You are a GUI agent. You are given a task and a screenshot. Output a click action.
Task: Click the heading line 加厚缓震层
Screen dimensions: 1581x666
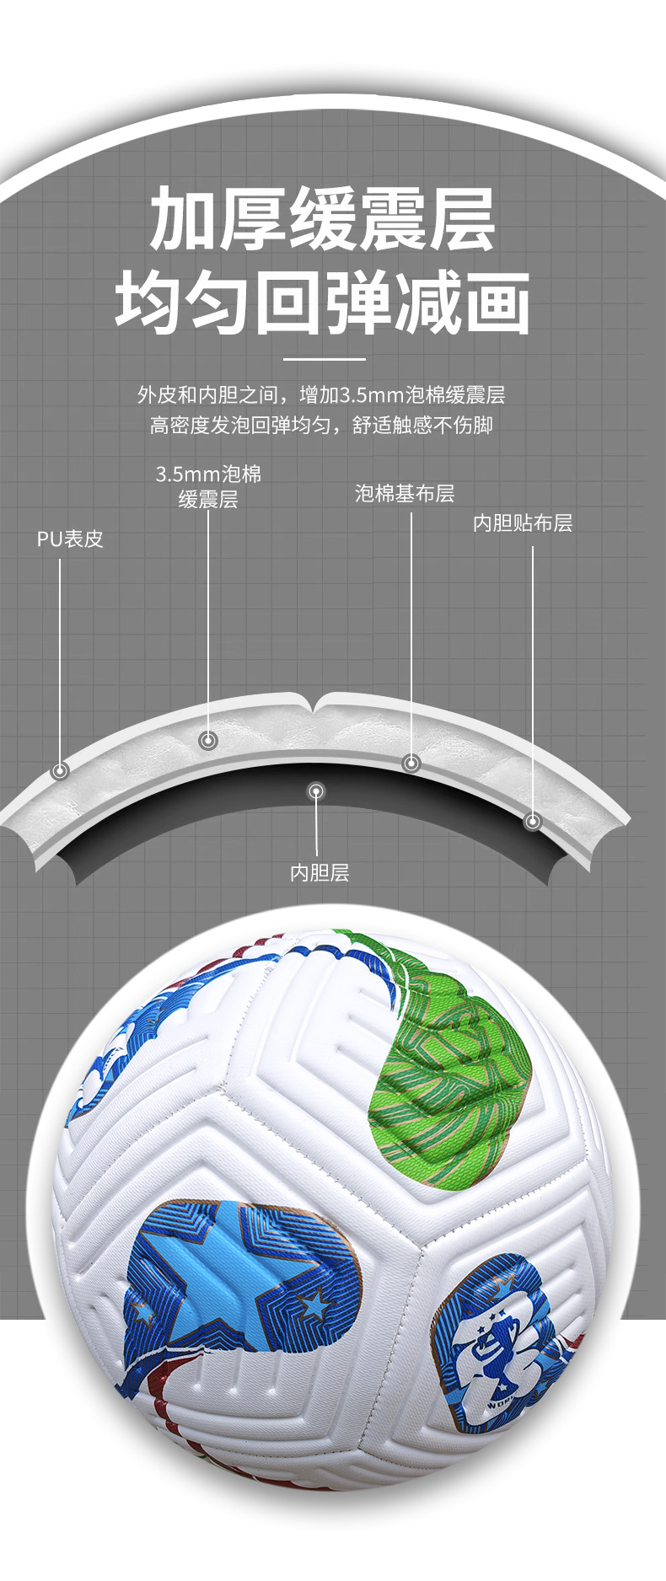pos(324,222)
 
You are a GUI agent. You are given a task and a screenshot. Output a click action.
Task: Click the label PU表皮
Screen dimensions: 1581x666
pos(70,539)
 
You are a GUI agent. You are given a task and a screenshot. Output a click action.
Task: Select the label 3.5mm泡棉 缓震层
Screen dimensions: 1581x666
pos(208,486)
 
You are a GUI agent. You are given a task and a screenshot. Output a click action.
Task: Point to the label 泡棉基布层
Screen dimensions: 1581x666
pos(405,494)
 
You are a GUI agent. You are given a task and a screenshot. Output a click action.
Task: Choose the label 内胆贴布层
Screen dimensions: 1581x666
pos(523,523)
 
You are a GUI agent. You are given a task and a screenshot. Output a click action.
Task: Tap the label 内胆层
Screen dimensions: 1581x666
pos(319,873)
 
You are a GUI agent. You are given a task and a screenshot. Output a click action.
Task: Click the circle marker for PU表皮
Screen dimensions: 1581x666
pos(60,770)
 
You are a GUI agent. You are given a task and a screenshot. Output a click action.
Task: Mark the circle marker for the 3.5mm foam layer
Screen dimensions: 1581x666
pos(208,741)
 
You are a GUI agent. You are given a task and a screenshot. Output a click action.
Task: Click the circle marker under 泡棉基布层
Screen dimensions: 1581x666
pos(411,763)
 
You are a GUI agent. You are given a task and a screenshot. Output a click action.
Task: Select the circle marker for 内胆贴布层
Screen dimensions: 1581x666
pos(532,821)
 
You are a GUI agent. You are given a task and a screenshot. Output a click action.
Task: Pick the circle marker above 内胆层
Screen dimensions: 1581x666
pos(316,791)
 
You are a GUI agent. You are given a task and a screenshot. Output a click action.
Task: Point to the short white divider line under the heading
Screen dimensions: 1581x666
pos(324,359)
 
